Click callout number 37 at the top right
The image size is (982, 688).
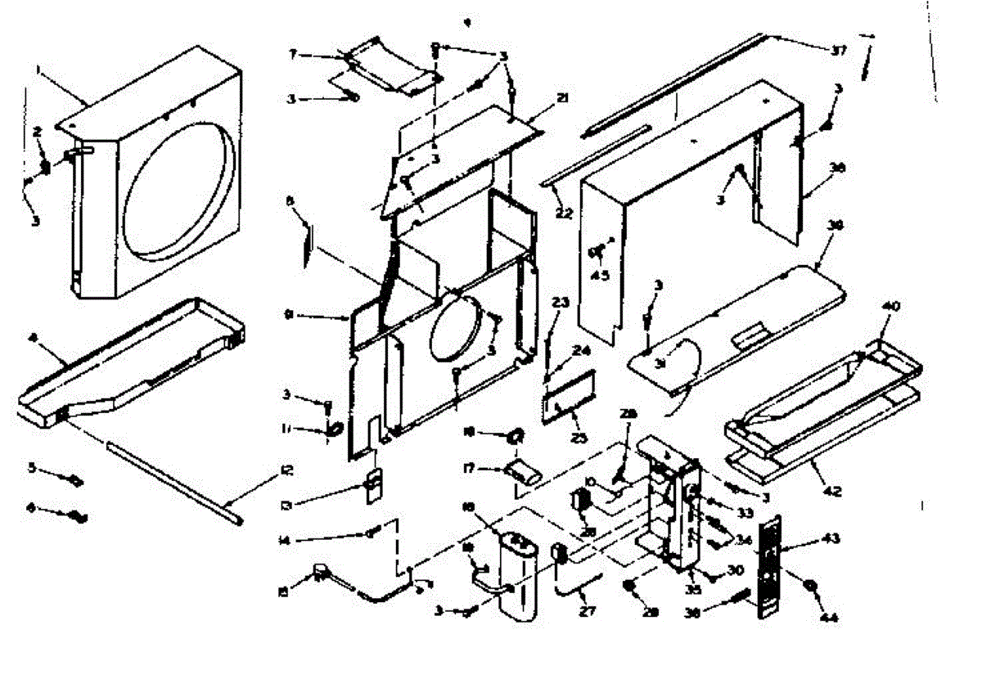point(837,51)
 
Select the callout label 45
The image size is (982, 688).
point(601,275)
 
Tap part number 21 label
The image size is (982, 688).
point(562,98)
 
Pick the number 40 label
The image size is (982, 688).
point(890,306)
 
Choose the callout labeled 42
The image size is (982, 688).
point(831,492)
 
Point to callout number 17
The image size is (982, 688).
point(470,469)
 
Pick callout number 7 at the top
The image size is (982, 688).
point(293,54)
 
